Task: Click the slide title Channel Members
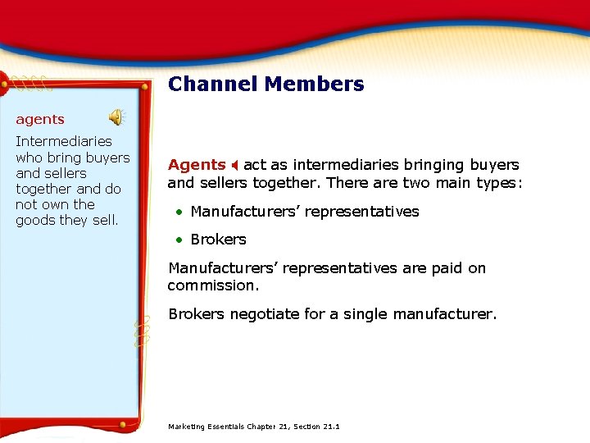[265, 84]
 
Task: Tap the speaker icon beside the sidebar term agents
[117, 117]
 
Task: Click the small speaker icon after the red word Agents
[234, 165]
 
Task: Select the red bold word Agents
[197, 165]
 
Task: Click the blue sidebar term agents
[40, 120]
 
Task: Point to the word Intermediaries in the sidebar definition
[64, 141]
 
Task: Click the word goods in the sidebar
[36, 220]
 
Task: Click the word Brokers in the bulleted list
[218, 240]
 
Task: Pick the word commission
[213, 285]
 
